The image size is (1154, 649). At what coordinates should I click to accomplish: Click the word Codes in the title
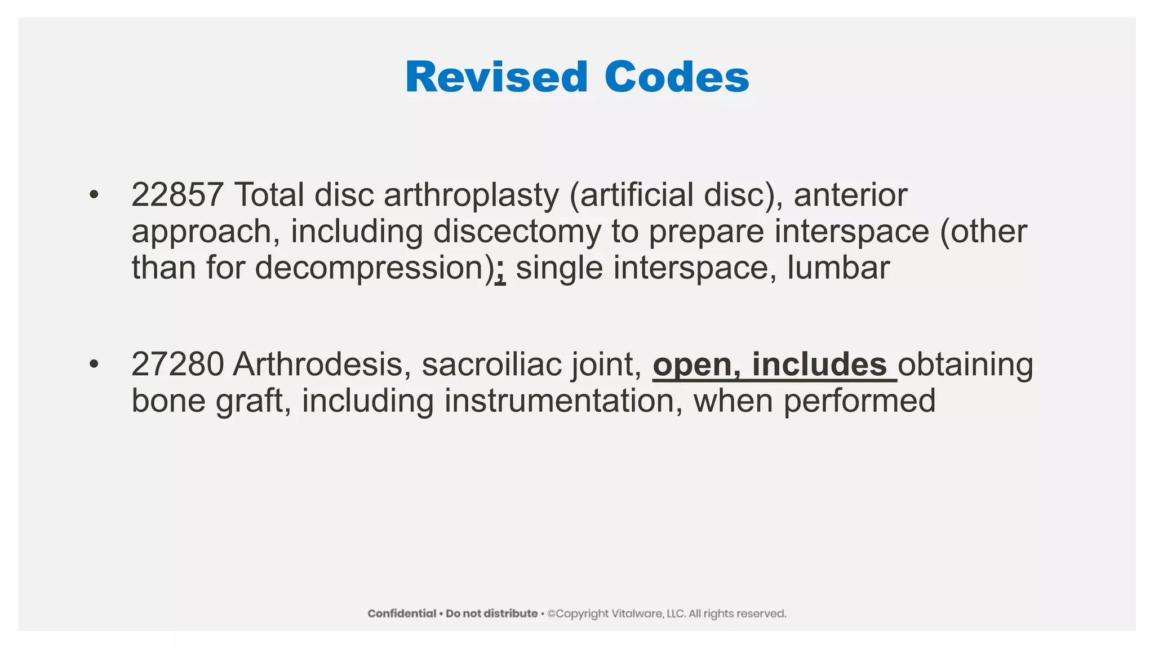pyautogui.click(x=677, y=77)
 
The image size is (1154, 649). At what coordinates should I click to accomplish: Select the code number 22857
pyautogui.click(x=177, y=195)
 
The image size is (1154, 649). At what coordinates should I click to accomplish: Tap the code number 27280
pyautogui.click(x=177, y=364)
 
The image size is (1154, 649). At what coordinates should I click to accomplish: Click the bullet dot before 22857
pyautogui.click(x=94, y=195)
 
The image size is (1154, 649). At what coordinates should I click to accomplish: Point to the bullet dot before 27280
pyautogui.click(x=94, y=364)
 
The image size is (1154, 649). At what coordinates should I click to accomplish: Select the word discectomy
pyautogui.click(x=517, y=232)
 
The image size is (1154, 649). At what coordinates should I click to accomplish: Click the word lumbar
pyautogui.click(x=838, y=268)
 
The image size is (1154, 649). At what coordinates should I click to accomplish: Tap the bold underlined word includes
pyautogui.click(x=819, y=364)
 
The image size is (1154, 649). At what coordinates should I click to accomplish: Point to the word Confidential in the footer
pyautogui.click(x=402, y=614)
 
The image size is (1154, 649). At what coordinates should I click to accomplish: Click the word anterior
pyautogui.click(x=850, y=195)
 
